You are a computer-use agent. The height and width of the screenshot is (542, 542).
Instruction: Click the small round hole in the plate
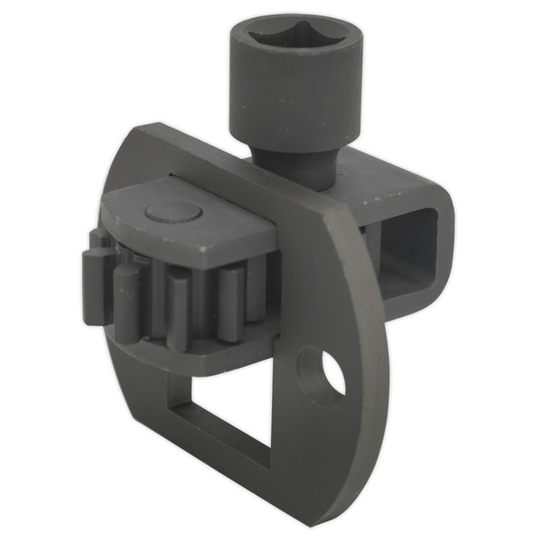pyautogui.click(x=331, y=374)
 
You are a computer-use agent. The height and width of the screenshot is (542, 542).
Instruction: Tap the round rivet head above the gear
pyautogui.click(x=173, y=213)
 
